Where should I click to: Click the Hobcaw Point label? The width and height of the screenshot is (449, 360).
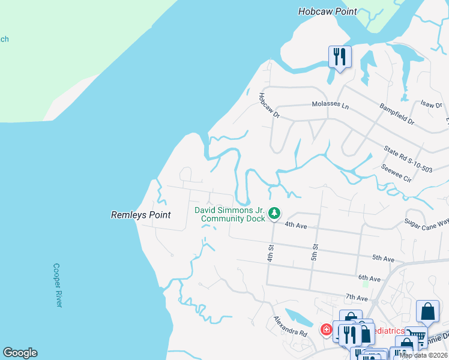[x=328, y=11]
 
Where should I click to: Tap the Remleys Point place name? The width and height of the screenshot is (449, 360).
[x=141, y=215]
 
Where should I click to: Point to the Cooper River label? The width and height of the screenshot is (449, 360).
[x=58, y=285]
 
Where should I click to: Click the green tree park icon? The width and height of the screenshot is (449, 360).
[x=274, y=213]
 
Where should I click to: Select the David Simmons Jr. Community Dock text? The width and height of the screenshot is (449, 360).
[x=229, y=214]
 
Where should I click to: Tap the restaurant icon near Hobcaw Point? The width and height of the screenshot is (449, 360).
[x=340, y=57]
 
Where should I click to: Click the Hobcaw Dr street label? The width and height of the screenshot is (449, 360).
[x=269, y=104]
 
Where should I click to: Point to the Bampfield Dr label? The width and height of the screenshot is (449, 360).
[x=396, y=113]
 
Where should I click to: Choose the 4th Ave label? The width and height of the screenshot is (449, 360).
[x=296, y=225]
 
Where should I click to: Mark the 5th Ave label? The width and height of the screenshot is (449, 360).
[x=383, y=258]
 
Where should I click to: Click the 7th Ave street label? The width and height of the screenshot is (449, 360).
[x=356, y=297]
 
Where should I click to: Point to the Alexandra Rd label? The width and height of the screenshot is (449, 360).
[x=291, y=326]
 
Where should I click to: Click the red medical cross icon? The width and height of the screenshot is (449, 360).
[x=326, y=329]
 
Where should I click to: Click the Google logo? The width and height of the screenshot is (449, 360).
[x=20, y=353]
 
